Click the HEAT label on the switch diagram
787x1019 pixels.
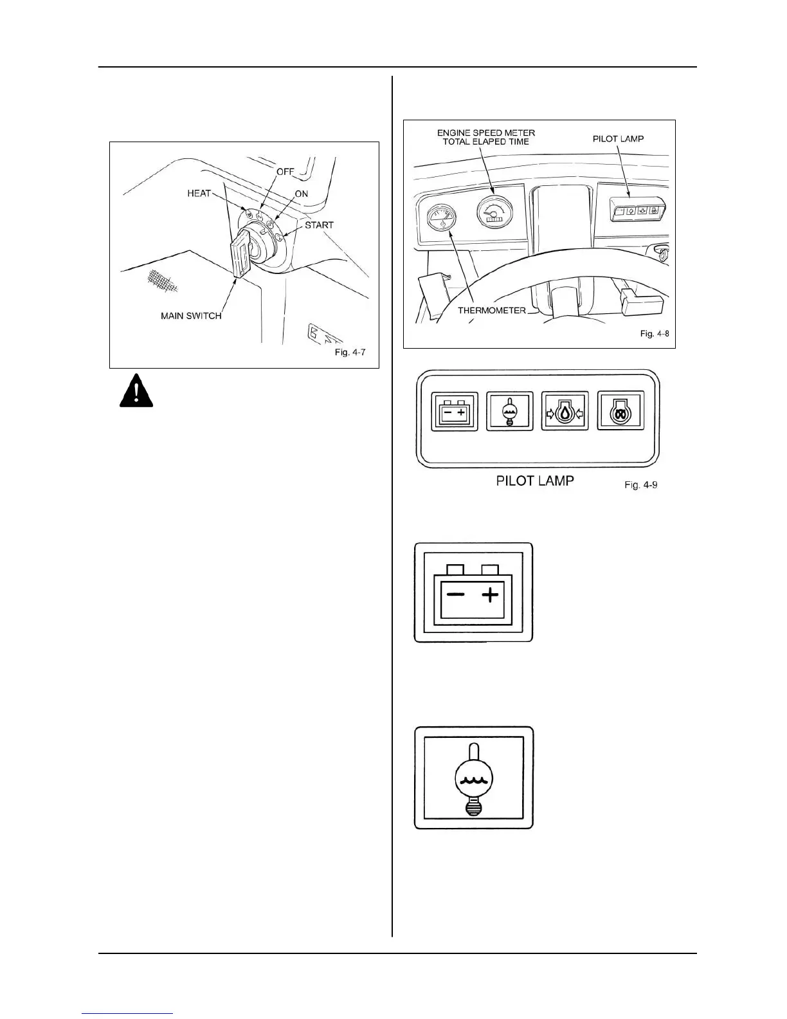[199, 193]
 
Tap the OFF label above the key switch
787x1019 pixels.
[285, 172]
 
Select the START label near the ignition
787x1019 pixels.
[319, 225]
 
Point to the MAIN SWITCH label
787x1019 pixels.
[191, 316]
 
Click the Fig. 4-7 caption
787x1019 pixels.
[350, 353]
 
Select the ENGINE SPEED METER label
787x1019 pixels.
[485, 133]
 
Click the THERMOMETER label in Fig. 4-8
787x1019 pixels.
[492, 310]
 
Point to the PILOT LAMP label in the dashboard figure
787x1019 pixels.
[619, 138]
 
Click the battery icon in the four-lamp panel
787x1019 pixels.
[455, 411]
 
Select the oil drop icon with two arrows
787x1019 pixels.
[565, 411]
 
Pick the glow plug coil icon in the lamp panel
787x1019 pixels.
[620, 411]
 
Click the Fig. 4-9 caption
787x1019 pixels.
[641, 484]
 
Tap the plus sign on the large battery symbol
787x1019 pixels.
[491, 594]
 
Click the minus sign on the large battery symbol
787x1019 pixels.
[456, 594]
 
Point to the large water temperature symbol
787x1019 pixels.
[474, 778]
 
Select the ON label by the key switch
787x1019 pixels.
[301, 194]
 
